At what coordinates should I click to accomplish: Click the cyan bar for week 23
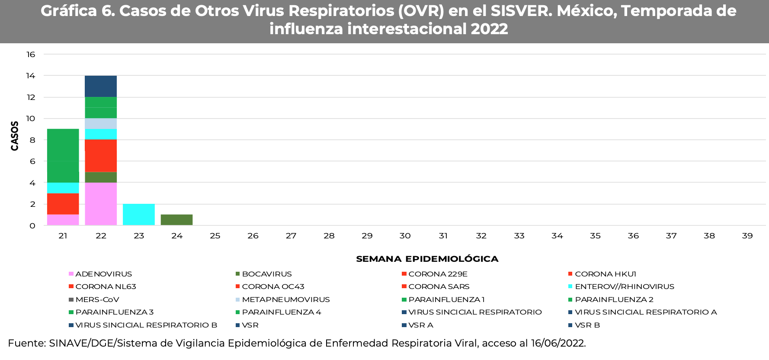138,215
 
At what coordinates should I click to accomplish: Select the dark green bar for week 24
176,220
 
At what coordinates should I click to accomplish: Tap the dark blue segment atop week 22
101,86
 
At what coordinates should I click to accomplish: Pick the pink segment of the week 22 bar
101,204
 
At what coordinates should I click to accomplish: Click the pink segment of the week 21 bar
63,220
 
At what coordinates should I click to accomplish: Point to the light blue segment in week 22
101,124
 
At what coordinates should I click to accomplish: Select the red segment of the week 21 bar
63,204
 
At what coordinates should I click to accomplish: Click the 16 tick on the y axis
31,55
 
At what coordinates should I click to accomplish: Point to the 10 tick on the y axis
31,119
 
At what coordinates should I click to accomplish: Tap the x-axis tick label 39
747,236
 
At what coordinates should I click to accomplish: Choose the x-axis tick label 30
405,236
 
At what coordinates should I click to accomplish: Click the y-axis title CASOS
15,136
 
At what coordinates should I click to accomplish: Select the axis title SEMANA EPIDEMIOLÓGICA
427,259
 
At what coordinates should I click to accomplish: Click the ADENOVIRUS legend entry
103,274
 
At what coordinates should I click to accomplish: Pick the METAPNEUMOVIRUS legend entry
285,299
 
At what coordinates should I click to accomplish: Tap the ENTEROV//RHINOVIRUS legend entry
624,286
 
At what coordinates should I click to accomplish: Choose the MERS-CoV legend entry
97,299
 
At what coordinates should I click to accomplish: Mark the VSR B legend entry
587,325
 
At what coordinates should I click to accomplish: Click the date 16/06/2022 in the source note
558,344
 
